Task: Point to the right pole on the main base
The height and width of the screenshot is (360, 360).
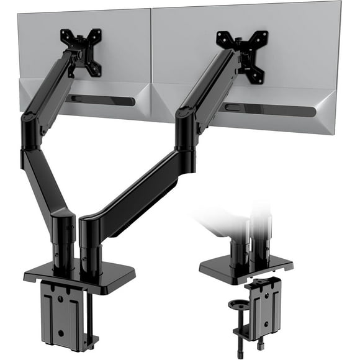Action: tap(90, 245)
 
